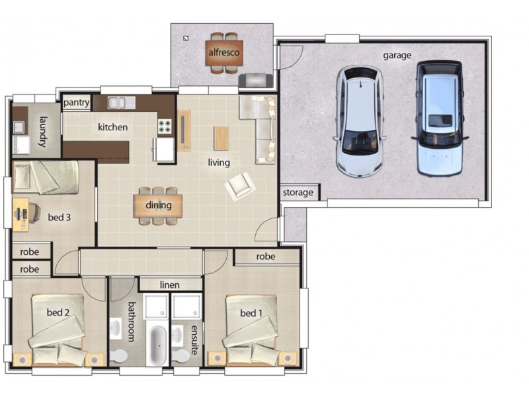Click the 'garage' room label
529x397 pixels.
(397, 56)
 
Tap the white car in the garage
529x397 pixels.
(360, 122)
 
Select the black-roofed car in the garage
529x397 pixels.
(439, 119)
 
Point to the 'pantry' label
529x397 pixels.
(77, 103)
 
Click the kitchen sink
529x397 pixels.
(122, 103)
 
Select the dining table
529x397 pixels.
(159, 205)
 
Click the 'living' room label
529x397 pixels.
(219, 162)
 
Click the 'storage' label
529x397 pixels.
(298, 193)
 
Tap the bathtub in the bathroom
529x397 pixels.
(157, 343)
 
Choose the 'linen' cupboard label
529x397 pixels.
(170, 285)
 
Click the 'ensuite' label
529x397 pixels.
(194, 339)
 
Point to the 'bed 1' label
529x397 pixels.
(252, 313)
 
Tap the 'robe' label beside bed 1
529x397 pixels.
(266, 257)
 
